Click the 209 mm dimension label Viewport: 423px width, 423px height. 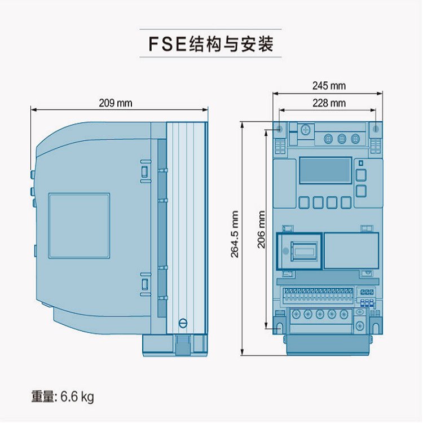[x=115, y=103]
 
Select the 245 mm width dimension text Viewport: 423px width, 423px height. [x=329, y=86]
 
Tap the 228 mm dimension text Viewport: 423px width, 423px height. [x=329, y=103]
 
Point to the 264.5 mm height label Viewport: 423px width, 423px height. [x=235, y=234]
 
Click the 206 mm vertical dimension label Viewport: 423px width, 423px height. [x=261, y=230]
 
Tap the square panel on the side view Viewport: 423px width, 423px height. [x=79, y=226]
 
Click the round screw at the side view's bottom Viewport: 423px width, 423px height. [x=182, y=323]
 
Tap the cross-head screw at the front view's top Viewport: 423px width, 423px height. [x=306, y=129]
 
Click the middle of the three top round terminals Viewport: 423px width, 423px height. [x=341, y=139]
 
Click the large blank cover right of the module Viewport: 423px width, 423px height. [x=351, y=250]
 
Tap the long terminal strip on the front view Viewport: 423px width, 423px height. [x=319, y=294]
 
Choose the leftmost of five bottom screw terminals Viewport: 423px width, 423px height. [x=295, y=314]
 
